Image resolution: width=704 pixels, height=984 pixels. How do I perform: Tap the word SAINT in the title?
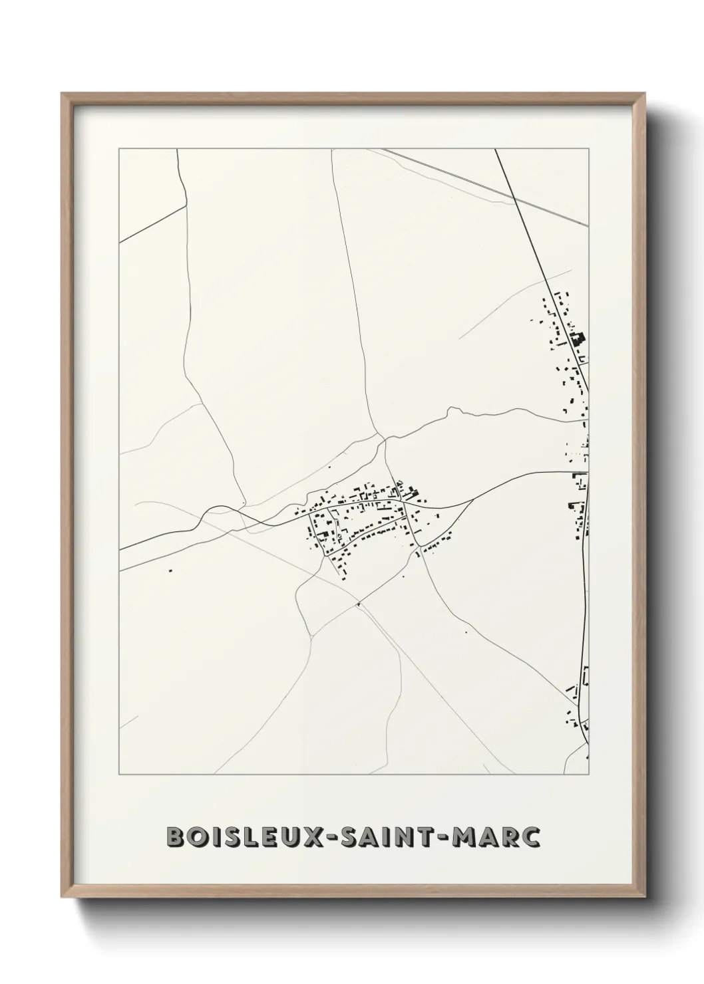pos(385,837)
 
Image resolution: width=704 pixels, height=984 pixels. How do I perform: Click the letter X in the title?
pos(304,837)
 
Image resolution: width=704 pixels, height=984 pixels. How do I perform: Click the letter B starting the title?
pos(174,837)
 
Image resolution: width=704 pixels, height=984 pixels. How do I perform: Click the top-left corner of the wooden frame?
pos(62,93)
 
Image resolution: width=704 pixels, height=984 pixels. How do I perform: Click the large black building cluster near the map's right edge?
pos(577,340)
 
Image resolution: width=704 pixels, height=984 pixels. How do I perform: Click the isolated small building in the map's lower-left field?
pos(170,570)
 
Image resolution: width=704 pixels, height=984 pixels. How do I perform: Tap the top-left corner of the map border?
pos(119,149)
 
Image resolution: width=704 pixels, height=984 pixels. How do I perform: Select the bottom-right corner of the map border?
pos(589,775)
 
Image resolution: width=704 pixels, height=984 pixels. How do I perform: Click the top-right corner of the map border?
pos(589,149)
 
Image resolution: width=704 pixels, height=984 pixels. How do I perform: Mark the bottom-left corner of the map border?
pos(119,775)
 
